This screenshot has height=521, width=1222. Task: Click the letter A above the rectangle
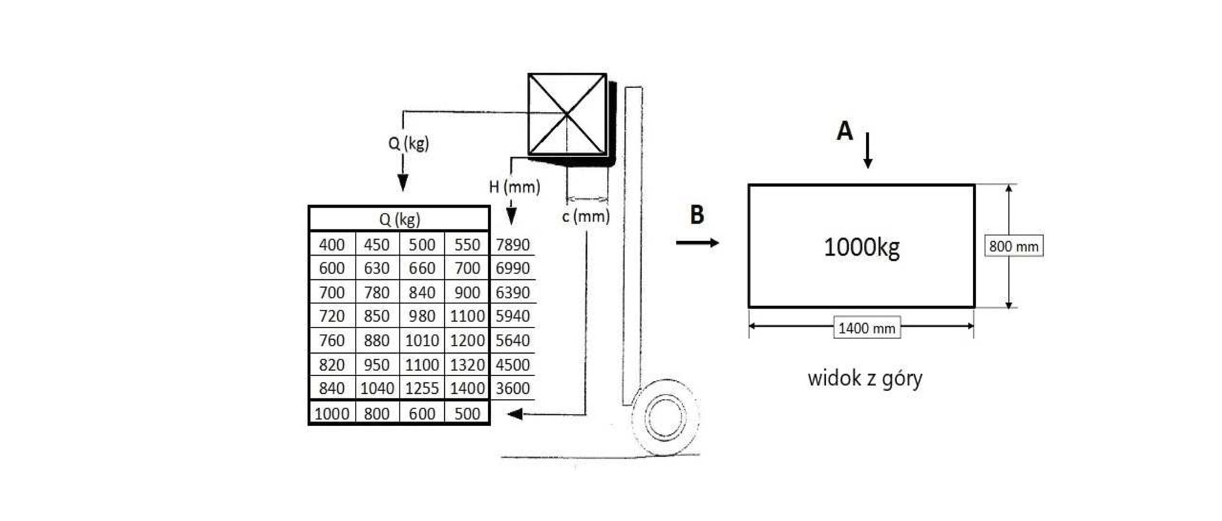844,130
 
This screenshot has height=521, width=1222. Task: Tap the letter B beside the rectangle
697,215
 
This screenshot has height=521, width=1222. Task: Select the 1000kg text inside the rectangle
862,247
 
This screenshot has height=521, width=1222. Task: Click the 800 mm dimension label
1014,246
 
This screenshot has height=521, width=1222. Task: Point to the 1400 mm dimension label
867,328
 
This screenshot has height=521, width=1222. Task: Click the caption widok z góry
865,379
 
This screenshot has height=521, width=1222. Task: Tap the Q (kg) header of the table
399,219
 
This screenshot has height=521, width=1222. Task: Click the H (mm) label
514,186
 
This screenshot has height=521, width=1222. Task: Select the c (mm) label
586,216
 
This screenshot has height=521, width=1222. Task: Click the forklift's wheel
666,418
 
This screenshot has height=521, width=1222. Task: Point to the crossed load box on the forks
567,115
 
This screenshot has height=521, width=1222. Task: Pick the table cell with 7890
512,245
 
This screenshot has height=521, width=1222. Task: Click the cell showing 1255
422,389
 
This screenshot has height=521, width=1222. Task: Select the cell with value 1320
467,365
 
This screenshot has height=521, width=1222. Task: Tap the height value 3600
512,389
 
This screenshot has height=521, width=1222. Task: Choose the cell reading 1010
422,341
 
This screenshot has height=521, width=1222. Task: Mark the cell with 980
422,316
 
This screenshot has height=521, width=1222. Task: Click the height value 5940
512,316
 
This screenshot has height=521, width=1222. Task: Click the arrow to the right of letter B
698,242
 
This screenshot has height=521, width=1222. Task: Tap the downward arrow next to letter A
867,151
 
